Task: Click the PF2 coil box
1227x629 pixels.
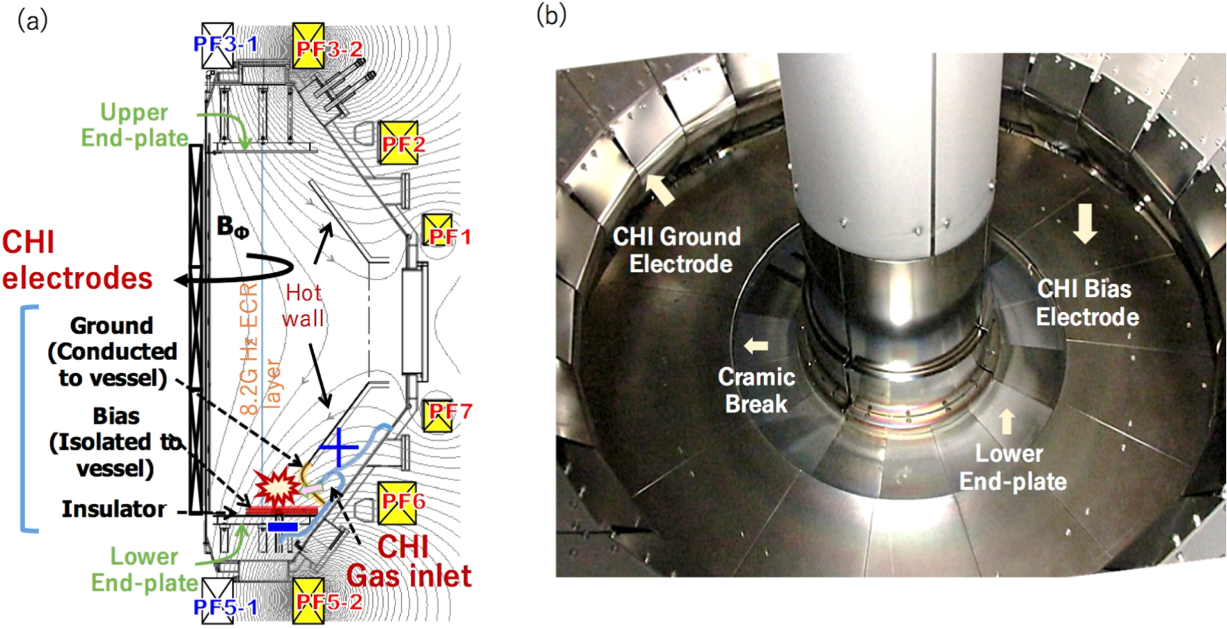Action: [398, 143]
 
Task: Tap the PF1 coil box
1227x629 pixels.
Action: [437, 231]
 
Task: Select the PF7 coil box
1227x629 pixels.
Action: [437, 416]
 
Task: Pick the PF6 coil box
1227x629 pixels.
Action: [397, 503]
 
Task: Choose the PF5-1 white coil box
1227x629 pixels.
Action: [218, 601]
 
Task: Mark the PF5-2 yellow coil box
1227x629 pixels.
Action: [308, 601]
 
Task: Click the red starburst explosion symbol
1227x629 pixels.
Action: [277, 488]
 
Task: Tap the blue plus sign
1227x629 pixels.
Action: [338, 446]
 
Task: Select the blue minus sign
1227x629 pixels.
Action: [283, 526]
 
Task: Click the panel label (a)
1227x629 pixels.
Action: [33, 21]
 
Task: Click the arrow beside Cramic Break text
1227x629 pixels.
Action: [756, 345]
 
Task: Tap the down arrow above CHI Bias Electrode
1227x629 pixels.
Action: [1085, 223]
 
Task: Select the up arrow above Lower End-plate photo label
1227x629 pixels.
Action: [1006, 422]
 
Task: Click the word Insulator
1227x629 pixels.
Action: [114, 509]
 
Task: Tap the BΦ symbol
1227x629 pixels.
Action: [233, 227]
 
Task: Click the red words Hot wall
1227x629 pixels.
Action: [303, 305]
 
